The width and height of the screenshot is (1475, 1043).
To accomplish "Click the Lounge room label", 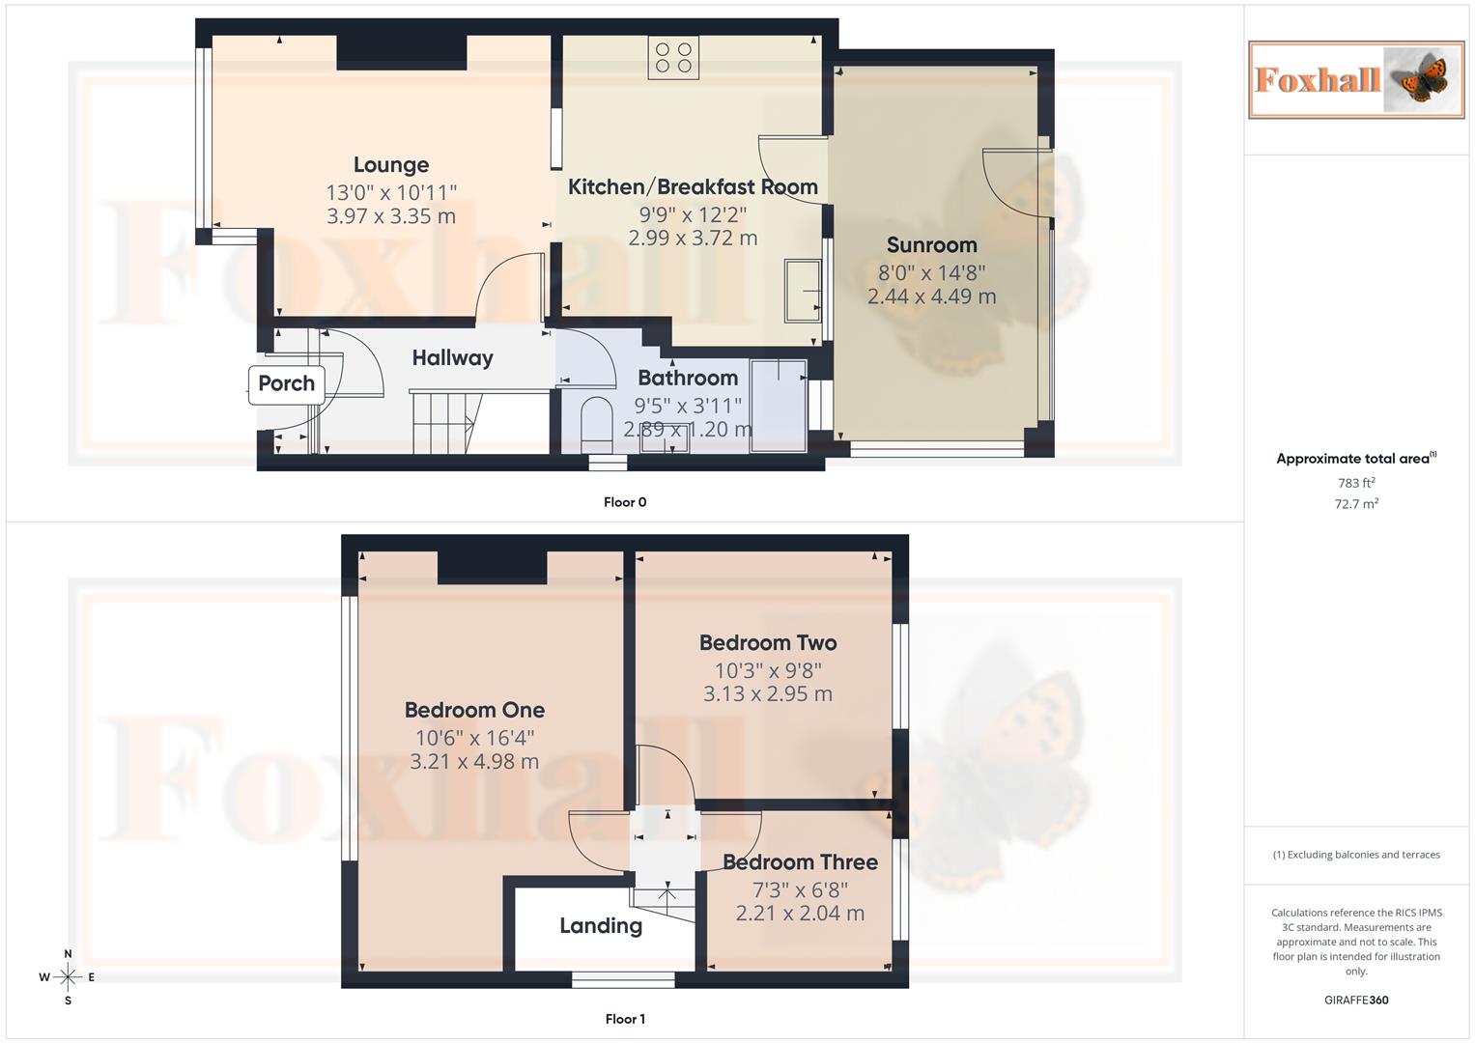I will (x=390, y=165).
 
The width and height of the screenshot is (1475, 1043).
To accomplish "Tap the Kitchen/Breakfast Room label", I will (x=693, y=187).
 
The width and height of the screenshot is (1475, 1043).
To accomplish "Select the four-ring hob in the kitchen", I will (x=673, y=58).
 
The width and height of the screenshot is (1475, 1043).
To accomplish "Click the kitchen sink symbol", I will (x=803, y=290).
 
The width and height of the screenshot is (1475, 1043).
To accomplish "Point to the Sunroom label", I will (x=931, y=245).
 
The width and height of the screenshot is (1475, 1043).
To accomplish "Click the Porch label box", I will (x=286, y=383).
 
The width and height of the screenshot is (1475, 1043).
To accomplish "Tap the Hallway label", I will (x=452, y=358).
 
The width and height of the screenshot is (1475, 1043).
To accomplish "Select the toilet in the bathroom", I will (x=596, y=422).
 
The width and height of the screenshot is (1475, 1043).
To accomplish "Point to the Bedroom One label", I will (x=474, y=710).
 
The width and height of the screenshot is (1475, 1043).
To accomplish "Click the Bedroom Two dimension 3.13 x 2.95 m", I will (x=767, y=693).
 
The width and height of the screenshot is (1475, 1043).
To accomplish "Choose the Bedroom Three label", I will (x=800, y=862).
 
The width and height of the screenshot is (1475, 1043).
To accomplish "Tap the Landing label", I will (x=601, y=926).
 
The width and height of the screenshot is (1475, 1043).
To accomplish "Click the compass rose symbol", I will (x=68, y=977).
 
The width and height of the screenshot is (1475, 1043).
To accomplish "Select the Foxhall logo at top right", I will (x=1355, y=80).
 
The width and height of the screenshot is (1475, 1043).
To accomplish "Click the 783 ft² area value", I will (x=1356, y=483).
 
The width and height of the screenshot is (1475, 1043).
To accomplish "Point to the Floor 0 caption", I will (x=625, y=502).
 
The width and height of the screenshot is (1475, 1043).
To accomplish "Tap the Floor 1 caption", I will (x=625, y=1019).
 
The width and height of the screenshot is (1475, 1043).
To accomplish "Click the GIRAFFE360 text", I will (x=1356, y=1001).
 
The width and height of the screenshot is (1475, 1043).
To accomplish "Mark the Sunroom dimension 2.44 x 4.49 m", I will (x=931, y=296).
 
